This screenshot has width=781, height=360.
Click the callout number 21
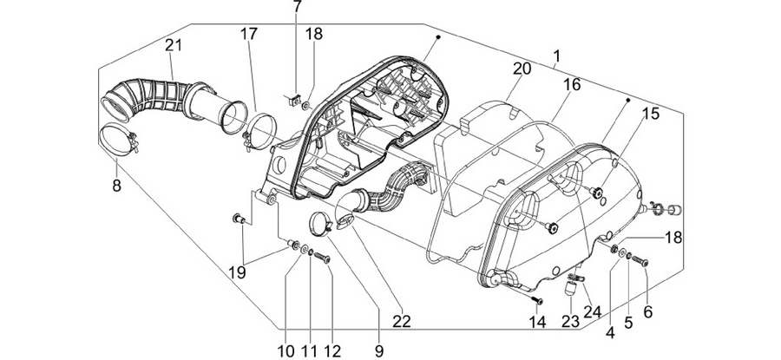174,46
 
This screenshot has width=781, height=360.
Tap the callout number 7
298,7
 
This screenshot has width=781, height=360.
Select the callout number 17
249,35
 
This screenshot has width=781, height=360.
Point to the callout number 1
556,56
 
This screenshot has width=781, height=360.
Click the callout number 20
522,69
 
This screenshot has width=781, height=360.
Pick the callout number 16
573,85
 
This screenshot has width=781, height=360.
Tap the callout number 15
650,114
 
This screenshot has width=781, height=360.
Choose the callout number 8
116,186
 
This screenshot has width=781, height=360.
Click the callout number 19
238,273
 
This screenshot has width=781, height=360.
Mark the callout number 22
402,322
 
